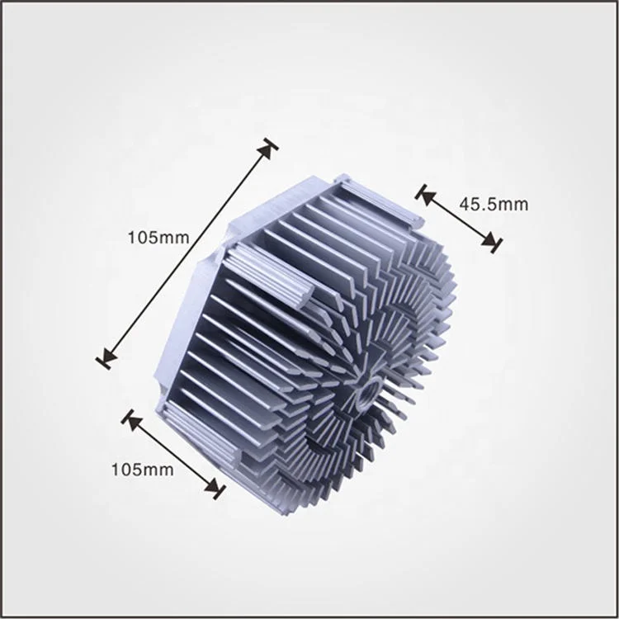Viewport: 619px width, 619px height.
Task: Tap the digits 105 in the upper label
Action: point(141,237)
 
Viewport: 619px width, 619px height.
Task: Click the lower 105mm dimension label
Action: point(142,470)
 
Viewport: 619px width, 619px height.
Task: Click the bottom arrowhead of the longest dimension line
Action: point(105,358)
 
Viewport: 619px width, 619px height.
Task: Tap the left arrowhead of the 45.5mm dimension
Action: point(425,195)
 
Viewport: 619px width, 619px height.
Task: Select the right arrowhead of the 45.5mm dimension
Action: point(493,243)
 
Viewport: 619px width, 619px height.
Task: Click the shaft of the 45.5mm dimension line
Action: point(459,219)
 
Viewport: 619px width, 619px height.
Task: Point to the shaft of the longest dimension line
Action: point(186,253)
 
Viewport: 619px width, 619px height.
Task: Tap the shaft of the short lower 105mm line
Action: point(173,454)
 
